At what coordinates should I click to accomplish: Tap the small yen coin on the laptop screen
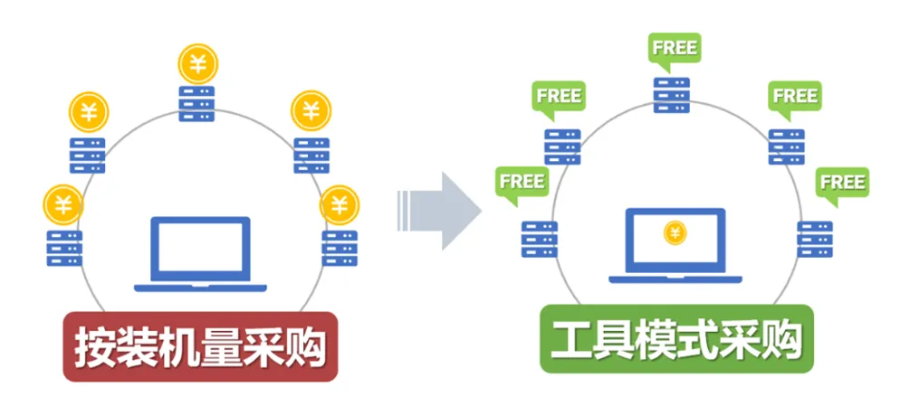(675, 233)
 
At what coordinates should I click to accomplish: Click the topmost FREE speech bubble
(673, 46)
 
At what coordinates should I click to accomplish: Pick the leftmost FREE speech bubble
(521, 181)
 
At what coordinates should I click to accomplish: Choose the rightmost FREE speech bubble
(842, 182)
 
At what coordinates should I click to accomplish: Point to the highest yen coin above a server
(197, 63)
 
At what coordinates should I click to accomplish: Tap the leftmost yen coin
(62, 203)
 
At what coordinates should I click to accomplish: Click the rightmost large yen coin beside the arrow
(340, 203)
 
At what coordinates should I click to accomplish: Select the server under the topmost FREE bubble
(672, 95)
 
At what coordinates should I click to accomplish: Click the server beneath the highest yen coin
(197, 104)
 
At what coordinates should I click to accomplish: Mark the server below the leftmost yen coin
(63, 247)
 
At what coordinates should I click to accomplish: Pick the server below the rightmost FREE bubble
(815, 240)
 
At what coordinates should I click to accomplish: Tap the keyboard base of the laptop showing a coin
(675, 279)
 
